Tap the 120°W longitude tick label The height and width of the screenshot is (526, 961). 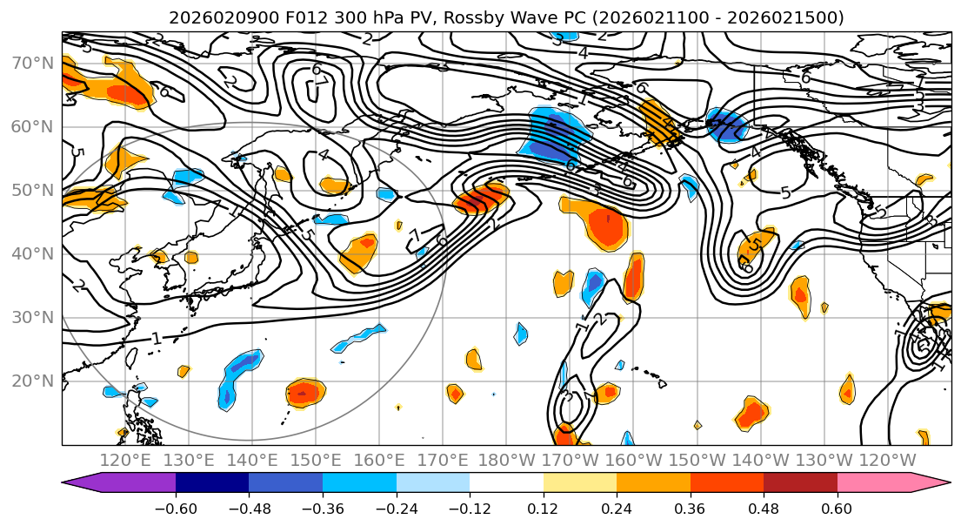(x=886, y=460)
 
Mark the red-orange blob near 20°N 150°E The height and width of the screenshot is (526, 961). (x=305, y=394)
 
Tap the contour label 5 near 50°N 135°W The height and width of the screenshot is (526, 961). (x=786, y=192)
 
